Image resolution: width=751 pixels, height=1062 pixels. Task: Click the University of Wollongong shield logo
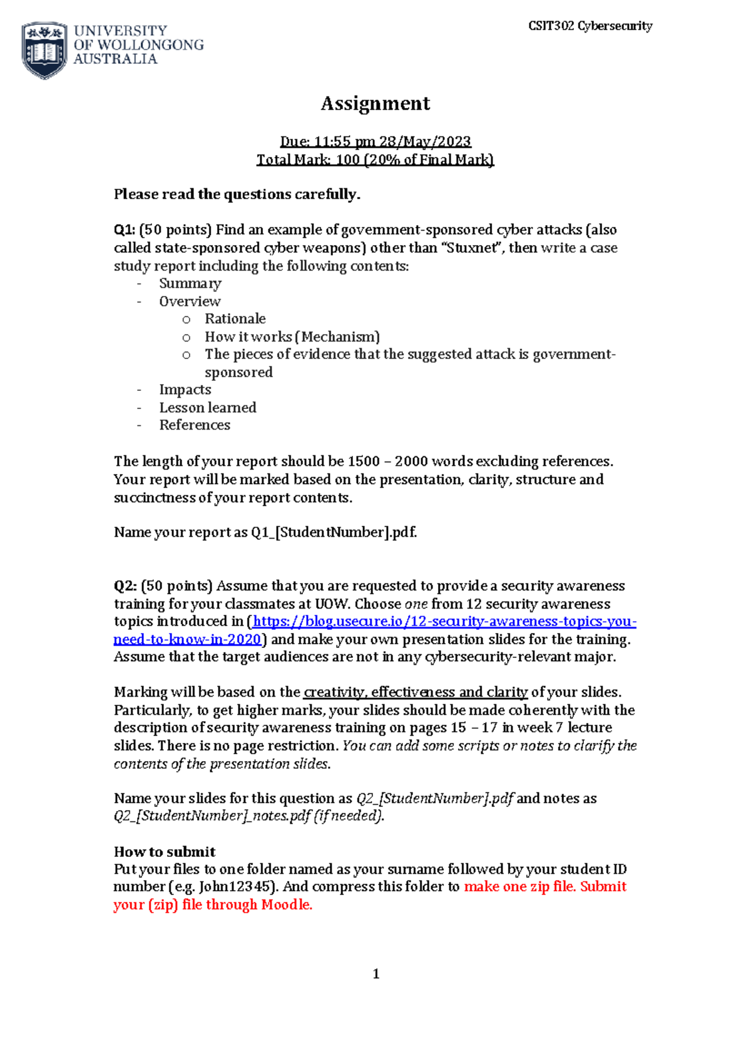[x=44, y=50]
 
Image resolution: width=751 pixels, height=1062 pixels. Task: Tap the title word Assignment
[x=375, y=103]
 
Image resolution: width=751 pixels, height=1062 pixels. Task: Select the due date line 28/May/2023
[x=375, y=141]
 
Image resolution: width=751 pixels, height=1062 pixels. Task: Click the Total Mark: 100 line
[x=375, y=159]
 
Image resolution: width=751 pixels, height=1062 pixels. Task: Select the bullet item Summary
[x=190, y=283]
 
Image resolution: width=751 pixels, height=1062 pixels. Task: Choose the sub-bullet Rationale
[x=235, y=318]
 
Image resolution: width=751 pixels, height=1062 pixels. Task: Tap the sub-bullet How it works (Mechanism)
[x=292, y=336]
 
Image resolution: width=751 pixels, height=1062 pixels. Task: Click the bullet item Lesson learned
[x=208, y=408]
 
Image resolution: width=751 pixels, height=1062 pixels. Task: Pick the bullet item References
[x=195, y=425]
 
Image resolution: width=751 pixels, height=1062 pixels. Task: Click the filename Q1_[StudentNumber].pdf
[x=334, y=532]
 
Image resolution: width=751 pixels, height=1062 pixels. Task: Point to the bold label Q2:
[x=125, y=586]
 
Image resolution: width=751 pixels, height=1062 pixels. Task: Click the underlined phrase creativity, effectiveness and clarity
[x=416, y=692]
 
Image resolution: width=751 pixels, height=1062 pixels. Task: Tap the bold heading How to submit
[x=165, y=852]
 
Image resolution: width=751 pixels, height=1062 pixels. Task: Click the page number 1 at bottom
[x=375, y=974]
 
